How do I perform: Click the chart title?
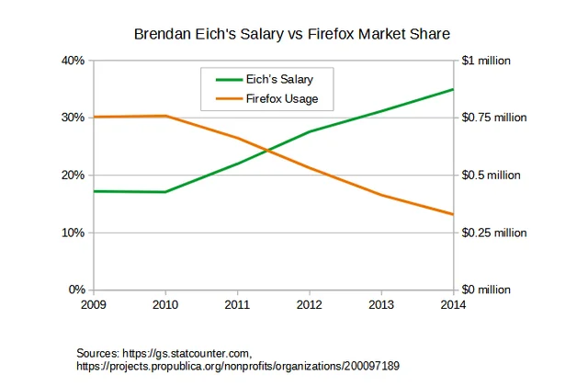293,34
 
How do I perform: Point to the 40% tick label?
73,61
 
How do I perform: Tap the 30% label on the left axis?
73,118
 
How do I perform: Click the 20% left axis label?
73,175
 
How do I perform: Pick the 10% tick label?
73,233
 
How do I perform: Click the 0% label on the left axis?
76,289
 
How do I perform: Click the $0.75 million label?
493,118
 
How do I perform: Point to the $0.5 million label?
491,175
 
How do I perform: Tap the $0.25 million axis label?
493,233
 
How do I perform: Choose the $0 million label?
487,289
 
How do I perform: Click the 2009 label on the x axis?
94,303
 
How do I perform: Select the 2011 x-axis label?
237,303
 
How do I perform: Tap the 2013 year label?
381,303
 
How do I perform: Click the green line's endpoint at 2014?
453,89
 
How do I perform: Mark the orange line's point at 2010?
165,116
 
